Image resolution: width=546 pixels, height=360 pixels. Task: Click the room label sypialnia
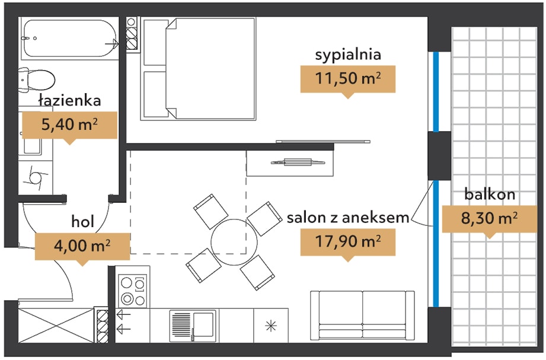(348, 55)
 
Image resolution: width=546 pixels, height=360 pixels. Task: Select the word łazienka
(70, 100)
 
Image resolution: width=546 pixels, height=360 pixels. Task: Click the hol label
(82, 221)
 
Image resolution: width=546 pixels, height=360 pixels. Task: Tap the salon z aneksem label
(348, 218)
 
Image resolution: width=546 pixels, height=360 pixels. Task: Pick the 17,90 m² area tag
(348, 241)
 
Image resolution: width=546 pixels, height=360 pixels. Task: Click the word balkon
(490, 194)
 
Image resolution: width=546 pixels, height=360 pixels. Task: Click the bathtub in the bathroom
(69, 39)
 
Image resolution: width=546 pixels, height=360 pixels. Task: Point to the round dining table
(234, 242)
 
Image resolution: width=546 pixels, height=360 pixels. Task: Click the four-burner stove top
(133, 291)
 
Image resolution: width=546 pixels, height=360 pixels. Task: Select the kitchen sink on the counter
(193, 326)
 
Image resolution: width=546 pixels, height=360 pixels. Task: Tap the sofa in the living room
(362, 315)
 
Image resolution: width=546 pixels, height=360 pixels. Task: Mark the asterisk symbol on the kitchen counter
(270, 326)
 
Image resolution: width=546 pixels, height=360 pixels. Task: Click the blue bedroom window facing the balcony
(436, 92)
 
